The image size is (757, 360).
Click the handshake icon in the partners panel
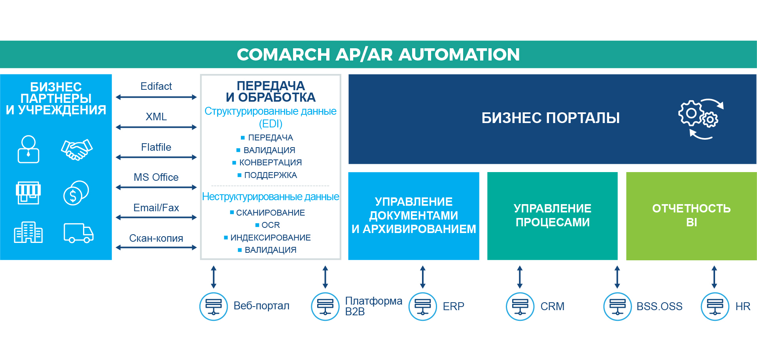tap(77, 150)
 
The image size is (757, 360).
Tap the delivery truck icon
tap(79, 233)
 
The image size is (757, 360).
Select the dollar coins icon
tap(76, 193)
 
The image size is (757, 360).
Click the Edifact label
tap(156, 86)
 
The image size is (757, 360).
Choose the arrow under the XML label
tap(156, 127)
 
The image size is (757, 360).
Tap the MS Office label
tap(156, 177)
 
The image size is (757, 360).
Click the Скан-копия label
tap(156, 238)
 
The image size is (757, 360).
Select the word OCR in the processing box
tap(271, 225)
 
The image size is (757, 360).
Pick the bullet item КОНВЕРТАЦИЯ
tap(271, 163)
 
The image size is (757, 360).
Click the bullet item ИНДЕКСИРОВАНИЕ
tap(271, 237)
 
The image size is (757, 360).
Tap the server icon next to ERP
tap(423, 306)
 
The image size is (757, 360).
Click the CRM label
tap(552, 307)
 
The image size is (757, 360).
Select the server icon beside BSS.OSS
tap(617, 306)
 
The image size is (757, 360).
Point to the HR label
tap(743, 307)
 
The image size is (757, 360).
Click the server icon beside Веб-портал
tap(214, 306)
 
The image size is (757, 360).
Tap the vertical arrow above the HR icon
tap(714, 277)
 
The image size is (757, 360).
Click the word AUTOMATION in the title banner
tap(459, 55)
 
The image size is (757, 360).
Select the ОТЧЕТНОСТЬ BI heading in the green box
tap(691, 215)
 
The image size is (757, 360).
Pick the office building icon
tap(28, 232)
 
